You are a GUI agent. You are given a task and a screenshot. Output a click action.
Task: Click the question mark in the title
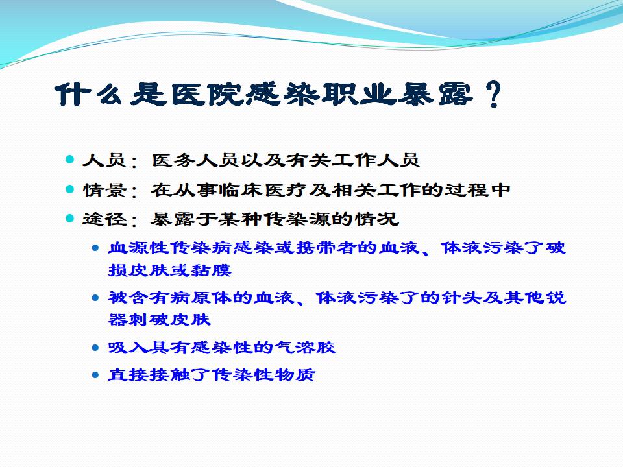(493, 95)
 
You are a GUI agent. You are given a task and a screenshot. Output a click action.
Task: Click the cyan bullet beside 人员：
(70, 160)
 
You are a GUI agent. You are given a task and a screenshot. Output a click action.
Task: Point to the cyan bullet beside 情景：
(70, 189)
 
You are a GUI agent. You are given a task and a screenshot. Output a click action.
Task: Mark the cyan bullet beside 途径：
(70, 219)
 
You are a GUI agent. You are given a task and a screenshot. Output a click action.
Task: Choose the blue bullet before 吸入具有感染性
(95, 348)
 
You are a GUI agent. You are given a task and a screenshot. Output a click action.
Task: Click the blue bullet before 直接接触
(95, 375)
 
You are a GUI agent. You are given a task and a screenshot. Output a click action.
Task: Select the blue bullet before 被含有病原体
(95, 298)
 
